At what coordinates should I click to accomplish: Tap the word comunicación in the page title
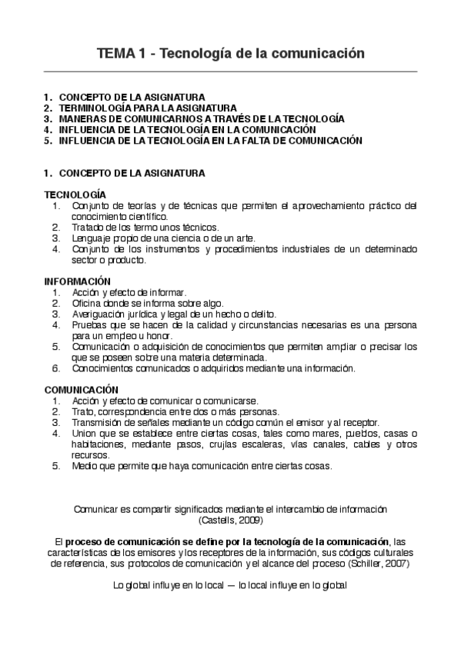316,54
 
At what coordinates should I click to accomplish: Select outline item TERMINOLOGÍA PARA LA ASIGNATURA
148,108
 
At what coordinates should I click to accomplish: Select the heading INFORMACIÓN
77,281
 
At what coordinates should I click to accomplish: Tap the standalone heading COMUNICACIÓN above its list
81,390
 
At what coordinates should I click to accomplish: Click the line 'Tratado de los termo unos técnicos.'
145,227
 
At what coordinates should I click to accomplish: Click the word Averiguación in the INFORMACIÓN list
99,314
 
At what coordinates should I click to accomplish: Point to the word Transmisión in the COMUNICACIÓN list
98,423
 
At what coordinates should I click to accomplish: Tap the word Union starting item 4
83,434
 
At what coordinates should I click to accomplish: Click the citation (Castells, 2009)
230,520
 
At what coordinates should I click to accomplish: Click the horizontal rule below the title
230,72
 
